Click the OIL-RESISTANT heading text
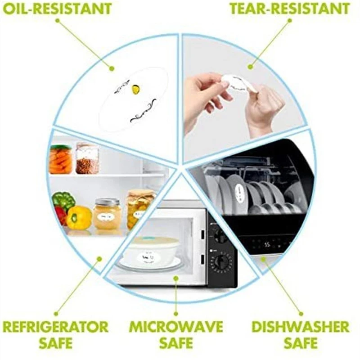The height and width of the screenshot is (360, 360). click(57, 9)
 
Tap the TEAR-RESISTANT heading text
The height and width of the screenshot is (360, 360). click(289, 9)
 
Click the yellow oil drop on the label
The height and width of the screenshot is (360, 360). click(135, 90)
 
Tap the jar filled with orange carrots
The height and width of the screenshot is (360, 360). click(60, 159)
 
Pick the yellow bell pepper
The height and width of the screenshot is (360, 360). click(79, 217)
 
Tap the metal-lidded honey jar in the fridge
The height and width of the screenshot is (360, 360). click(107, 214)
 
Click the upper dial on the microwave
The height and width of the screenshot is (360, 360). click(220, 235)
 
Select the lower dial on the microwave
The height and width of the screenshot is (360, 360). click(220, 262)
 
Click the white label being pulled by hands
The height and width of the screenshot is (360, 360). click(236, 83)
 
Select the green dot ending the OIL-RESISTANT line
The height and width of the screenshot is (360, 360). click(112, 68)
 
